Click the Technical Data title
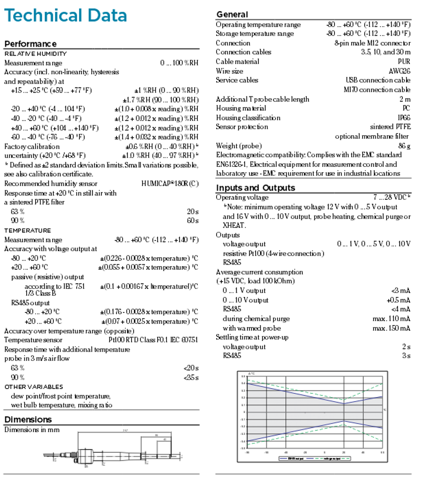point(65,15)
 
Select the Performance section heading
point(30,44)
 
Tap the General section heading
point(232,14)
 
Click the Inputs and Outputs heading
point(255,188)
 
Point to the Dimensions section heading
point(28,419)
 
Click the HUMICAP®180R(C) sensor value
point(170,184)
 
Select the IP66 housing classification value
point(404,118)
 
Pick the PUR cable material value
point(404,62)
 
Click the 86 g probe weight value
point(404,146)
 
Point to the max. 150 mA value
point(391,328)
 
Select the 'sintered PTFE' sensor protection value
point(390,127)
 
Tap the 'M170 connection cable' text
point(377,90)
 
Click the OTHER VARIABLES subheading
point(34,387)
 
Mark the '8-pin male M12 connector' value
point(372,43)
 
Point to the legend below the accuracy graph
point(314,458)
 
